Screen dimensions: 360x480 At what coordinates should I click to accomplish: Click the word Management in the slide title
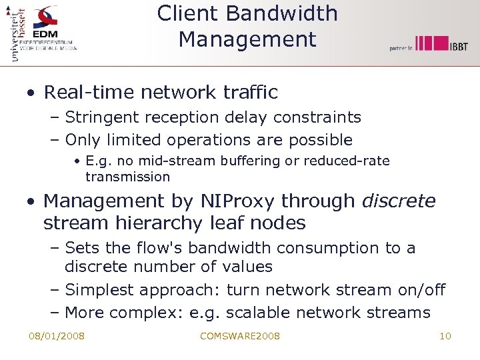click(x=247, y=39)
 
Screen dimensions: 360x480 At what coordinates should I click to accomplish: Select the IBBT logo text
click(x=458, y=46)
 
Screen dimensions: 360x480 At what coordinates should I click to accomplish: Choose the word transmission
click(x=127, y=177)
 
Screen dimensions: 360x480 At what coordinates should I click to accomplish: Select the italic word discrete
click(x=399, y=201)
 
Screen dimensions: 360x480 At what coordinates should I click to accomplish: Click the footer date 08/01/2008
click(x=57, y=336)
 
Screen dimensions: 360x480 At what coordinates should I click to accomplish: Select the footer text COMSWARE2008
click(x=240, y=336)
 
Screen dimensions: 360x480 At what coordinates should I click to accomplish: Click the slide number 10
click(x=445, y=336)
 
